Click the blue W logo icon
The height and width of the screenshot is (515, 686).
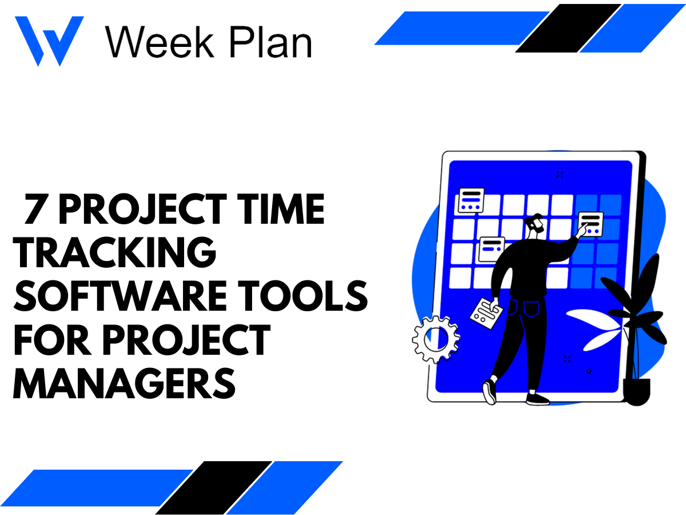tap(49, 40)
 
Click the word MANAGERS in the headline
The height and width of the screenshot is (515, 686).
tap(124, 383)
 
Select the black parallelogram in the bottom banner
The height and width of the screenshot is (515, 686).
tap(214, 487)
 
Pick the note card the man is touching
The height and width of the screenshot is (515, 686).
tap(591, 223)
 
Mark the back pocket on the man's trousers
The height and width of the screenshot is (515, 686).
tap(532, 310)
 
